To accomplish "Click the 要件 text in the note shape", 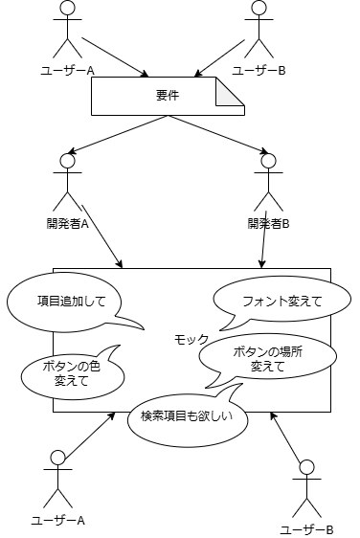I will point(167,97).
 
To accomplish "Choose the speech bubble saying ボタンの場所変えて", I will point(268,358).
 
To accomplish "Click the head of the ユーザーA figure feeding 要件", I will point(66,8).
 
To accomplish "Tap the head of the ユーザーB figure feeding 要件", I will point(257,8).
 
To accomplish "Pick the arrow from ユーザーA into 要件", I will point(115,57).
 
